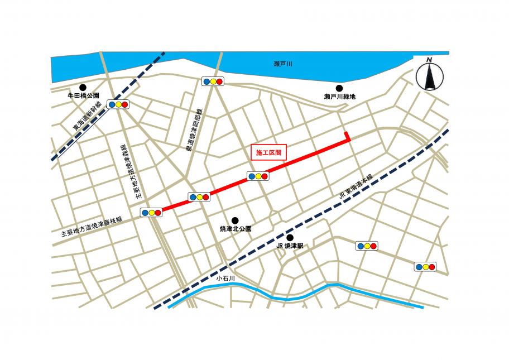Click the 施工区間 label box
pos(268,152)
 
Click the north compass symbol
pos(429,74)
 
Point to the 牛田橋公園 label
pos(83,96)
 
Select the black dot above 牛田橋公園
pos(83,87)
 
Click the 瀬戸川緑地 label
pos(339,97)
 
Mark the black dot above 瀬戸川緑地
pos(339,87)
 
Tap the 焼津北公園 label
pos(236,229)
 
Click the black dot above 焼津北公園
pos(235,220)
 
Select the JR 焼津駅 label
pos(289,246)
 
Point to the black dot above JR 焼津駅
pos(289,237)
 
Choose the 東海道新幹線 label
pos(88,117)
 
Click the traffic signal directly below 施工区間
pos(257,176)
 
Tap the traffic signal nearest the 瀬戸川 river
pos(213,81)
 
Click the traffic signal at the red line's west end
pos(151,212)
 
